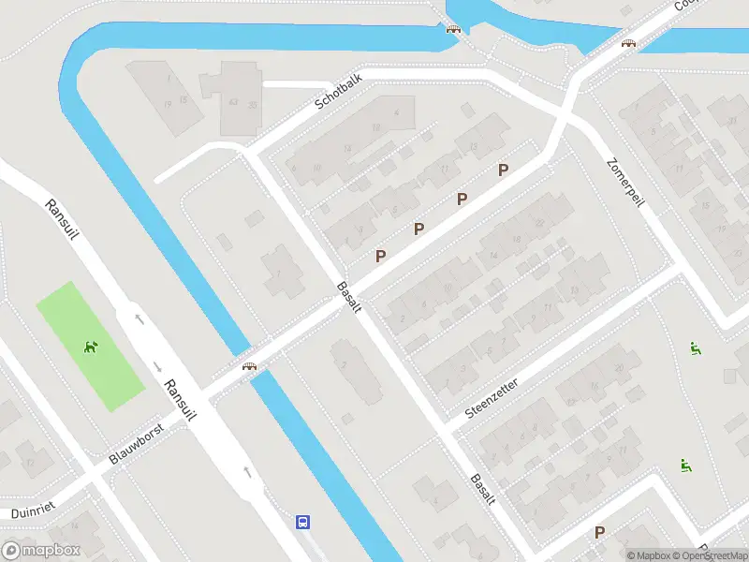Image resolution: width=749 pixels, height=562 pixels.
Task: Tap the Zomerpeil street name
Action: coord(626,184)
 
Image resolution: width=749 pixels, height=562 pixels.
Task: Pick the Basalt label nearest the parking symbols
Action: coord(348,298)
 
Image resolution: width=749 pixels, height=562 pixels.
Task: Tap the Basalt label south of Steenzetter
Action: coord(482,489)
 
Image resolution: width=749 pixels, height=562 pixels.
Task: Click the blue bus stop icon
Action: coord(303,522)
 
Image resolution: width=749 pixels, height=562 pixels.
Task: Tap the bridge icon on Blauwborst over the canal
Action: coord(249,366)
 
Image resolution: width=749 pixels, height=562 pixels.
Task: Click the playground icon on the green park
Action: coord(91,348)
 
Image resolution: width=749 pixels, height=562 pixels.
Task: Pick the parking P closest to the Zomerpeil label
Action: coord(503,170)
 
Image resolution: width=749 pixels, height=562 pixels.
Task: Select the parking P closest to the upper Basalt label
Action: coord(380,256)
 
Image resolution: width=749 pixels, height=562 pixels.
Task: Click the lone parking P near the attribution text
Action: coord(599,532)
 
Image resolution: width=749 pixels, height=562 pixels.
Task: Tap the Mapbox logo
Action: coord(41,551)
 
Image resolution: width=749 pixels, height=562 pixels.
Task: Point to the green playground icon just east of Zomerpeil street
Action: coord(695,349)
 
